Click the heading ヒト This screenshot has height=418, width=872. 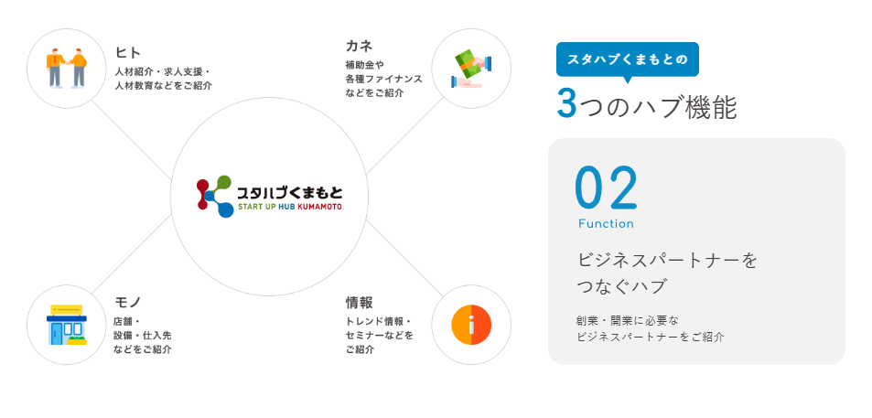128,52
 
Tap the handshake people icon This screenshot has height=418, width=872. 67,69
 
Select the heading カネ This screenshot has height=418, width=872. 359,46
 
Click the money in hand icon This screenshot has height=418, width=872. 471,69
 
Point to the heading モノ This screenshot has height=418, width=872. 128,302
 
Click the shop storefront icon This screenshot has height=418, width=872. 67,325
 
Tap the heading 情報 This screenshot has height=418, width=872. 359,302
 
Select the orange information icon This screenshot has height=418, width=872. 471,325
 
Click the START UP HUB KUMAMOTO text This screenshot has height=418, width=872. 289,207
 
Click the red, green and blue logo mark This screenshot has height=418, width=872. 215,196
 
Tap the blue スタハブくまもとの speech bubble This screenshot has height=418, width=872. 627,59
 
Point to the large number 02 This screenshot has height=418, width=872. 606,188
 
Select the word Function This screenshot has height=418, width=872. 606,224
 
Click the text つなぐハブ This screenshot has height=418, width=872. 621,286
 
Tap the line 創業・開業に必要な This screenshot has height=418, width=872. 628,320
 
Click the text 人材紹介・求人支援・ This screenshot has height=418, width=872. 163,71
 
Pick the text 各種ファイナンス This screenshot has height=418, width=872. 384,79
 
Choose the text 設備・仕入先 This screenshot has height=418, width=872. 142,335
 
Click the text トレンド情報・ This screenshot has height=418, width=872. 379,321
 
